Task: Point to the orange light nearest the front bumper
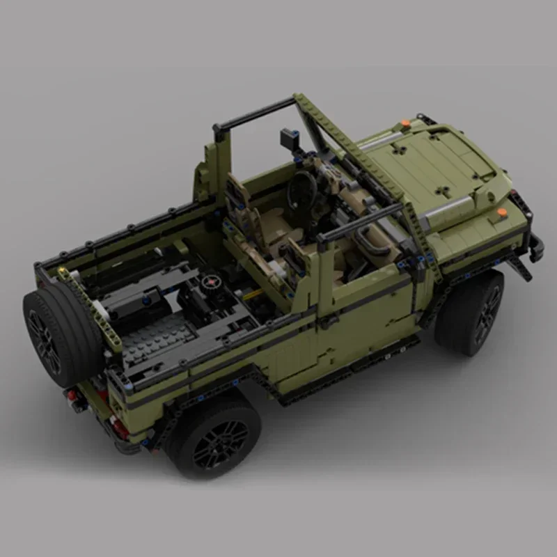[501, 212]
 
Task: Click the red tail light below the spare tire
[72, 396]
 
